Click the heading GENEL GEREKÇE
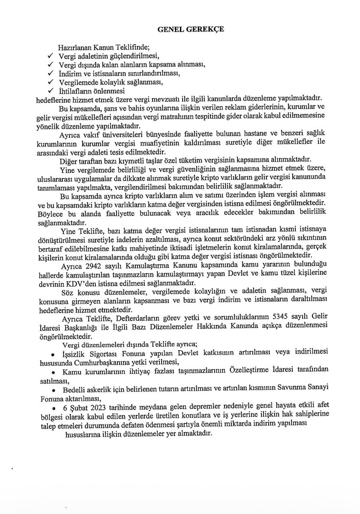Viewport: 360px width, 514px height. pyautogui.click(x=180, y=30)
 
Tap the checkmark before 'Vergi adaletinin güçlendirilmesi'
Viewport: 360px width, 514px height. pyautogui.click(x=50, y=57)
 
